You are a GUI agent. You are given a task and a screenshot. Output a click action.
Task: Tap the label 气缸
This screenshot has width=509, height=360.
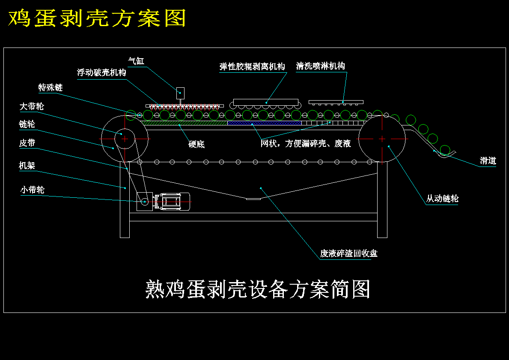(x=136, y=61)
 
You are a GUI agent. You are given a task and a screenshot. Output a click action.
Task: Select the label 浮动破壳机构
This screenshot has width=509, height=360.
(x=101, y=72)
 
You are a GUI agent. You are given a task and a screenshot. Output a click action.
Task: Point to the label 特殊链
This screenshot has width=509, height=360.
(x=51, y=88)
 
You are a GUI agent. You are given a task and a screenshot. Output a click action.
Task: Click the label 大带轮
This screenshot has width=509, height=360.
(x=32, y=106)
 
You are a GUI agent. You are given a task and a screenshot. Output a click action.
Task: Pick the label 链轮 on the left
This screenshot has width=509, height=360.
(x=27, y=124)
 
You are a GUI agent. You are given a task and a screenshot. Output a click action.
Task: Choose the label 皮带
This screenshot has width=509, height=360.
(x=27, y=143)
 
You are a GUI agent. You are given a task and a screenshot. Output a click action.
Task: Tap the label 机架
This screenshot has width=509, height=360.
(x=27, y=165)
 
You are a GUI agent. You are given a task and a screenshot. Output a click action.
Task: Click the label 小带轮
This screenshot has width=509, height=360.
(x=33, y=190)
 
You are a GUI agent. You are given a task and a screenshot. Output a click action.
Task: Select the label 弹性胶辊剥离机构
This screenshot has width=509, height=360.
(x=252, y=66)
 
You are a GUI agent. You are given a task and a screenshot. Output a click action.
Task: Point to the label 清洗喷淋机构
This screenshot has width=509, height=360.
(x=320, y=66)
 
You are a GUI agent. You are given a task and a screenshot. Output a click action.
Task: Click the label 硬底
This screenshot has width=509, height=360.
(x=196, y=144)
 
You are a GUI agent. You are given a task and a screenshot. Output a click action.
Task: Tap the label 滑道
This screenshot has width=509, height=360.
(x=488, y=161)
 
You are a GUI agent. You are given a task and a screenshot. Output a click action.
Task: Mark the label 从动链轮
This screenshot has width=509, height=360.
(x=442, y=199)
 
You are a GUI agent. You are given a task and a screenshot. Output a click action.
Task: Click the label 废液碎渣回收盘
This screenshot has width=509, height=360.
(x=348, y=253)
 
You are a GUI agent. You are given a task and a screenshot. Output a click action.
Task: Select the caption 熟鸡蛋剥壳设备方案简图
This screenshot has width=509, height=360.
(x=258, y=289)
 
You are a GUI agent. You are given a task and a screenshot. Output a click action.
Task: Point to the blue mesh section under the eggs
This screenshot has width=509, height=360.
(x=264, y=123)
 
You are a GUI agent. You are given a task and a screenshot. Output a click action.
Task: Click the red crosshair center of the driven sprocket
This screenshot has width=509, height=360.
(x=382, y=139)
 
